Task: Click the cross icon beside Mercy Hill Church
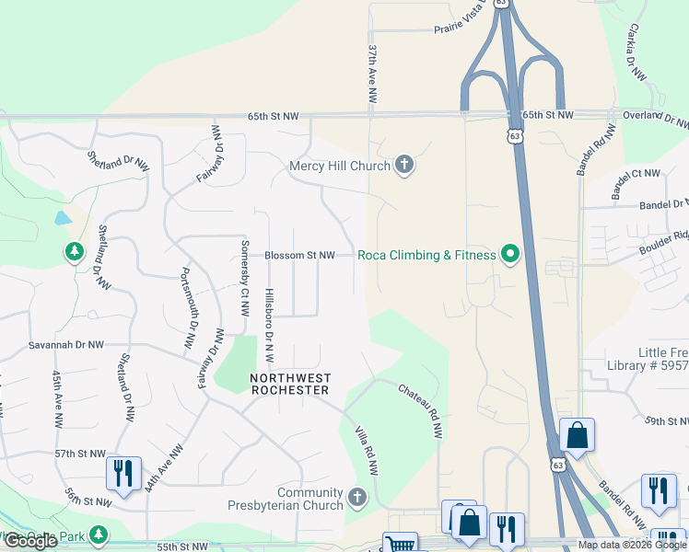coord(403,166)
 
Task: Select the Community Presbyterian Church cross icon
coord(357,499)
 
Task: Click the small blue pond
coord(62,218)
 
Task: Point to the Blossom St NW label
coord(299,256)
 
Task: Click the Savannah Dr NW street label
coord(66,344)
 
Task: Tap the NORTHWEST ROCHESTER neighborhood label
coord(290,384)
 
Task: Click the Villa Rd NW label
coord(368,450)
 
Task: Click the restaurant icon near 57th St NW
coord(123,473)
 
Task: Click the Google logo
coord(30,541)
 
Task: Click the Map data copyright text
coord(631,545)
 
